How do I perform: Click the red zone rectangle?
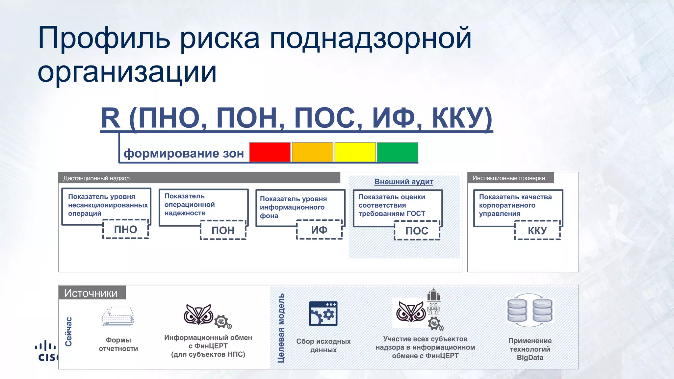pos(270,152)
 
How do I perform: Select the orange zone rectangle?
pos(312,152)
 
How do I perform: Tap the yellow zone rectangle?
pos(355,152)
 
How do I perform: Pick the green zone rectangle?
pos(398,152)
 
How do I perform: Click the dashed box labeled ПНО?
pos(126,229)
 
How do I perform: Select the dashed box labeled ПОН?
pos(223,230)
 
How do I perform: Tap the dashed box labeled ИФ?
pos(319,230)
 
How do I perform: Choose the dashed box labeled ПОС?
pos(417,231)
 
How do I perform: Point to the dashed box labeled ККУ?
pos(537,230)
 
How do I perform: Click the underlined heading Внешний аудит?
pos(404,182)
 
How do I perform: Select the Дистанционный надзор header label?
pos(96,178)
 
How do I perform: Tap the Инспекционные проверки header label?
pos(509,178)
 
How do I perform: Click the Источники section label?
pos(91,293)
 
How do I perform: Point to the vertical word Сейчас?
pos(68,331)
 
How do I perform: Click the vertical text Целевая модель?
pos(281,328)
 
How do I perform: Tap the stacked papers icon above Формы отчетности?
pos(118,316)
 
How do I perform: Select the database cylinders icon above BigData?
pos(530,310)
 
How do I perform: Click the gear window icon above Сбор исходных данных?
pos(323,314)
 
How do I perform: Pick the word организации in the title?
pos(127,72)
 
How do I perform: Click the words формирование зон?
pos(184,153)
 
